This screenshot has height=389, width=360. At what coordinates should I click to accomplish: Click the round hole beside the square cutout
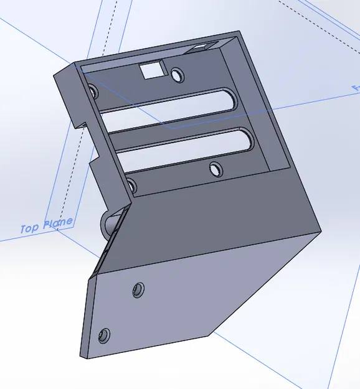click(179, 76)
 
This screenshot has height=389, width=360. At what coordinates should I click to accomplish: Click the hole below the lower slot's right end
click(216, 169)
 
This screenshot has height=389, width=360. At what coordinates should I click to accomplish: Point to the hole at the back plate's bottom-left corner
click(131, 185)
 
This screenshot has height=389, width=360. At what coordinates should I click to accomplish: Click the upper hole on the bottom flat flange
click(138, 289)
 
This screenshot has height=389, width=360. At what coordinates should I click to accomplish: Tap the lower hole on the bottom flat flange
click(104, 336)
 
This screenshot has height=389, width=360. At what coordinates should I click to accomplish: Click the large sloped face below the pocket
click(218, 224)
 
